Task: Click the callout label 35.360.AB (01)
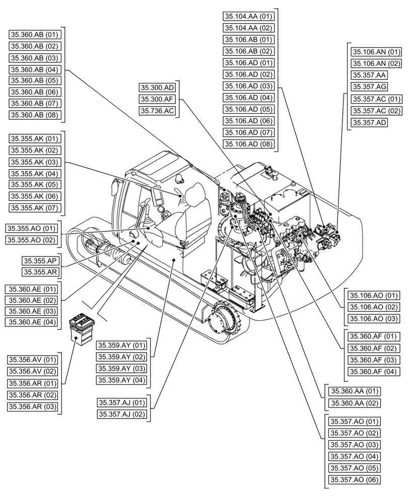pos(34,34)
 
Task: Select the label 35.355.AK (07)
pos(34,208)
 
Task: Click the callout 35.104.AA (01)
pos(248,16)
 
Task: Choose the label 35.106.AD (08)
pos(248,144)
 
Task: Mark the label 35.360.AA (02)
pos(354,403)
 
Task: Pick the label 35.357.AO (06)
pos(354,479)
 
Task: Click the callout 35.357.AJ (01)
pos(122,402)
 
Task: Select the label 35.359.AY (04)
pos(122,380)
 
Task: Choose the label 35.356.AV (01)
pos(32,360)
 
